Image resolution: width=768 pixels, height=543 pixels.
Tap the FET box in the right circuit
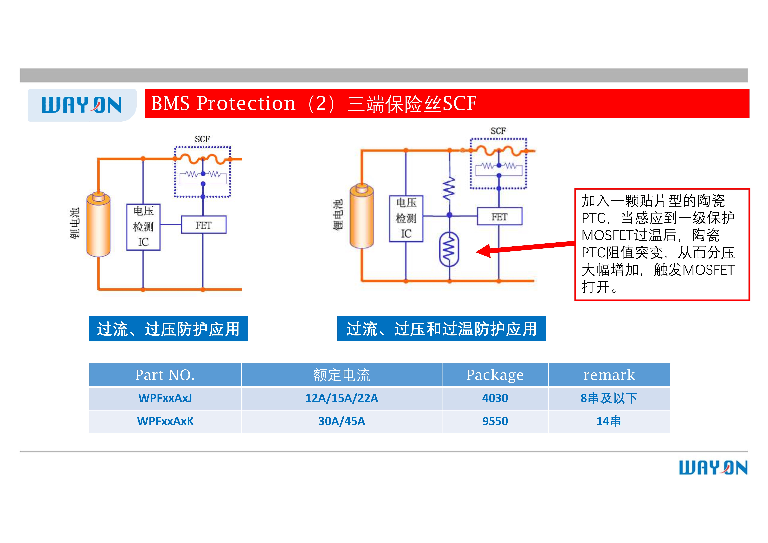(x=499, y=217)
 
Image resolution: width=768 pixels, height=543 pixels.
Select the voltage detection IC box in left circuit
(x=143, y=227)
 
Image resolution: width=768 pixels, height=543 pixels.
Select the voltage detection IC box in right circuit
(x=406, y=218)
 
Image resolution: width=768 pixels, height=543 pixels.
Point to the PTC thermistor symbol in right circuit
(x=449, y=249)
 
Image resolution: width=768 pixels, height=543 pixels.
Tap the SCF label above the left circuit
(x=202, y=139)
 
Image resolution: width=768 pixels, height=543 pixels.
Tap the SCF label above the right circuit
(x=498, y=131)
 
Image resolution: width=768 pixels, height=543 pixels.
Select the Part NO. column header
(x=165, y=375)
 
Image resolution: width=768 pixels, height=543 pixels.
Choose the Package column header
(x=495, y=375)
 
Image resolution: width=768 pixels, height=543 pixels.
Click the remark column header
(x=609, y=375)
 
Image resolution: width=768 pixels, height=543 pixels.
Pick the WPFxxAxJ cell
(x=165, y=398)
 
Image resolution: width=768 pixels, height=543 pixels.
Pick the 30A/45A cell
(x=342, y=421)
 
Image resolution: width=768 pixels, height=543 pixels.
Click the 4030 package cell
(x=495, y=398)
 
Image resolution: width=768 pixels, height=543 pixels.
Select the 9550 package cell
(x=495, y=421)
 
